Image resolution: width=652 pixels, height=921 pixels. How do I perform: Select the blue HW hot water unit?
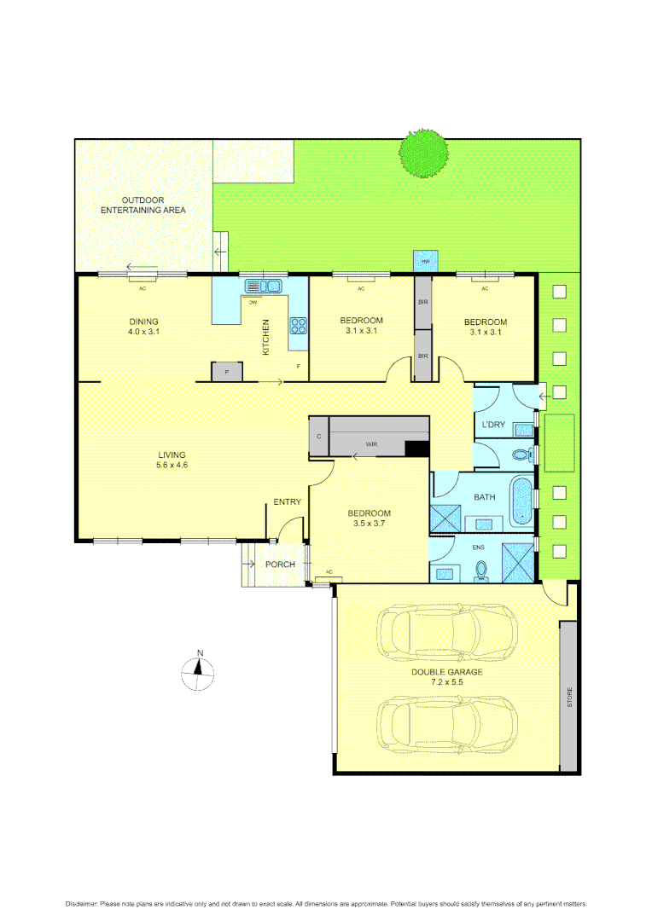pos(425,261)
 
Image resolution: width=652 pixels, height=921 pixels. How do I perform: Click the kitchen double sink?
pos(263,287)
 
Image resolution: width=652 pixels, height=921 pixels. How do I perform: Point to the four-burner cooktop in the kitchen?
pos(300,324)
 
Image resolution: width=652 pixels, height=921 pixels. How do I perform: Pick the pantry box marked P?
pos(227,372)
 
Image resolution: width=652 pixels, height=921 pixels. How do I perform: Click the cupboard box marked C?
pos(318,436)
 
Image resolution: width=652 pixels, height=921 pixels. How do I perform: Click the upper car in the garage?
pos(447,632)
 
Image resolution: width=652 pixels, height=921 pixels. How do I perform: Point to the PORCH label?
pos(280,565)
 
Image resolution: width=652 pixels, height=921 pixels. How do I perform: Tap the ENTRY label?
pos(287,502)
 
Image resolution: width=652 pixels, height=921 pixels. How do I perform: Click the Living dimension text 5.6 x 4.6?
pos(171,466)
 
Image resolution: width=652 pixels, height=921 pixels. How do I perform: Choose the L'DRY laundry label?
pos(494,425)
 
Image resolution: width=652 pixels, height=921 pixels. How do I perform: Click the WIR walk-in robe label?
pos(372,444)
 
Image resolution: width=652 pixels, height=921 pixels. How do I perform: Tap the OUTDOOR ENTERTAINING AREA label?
pos(143,205)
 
